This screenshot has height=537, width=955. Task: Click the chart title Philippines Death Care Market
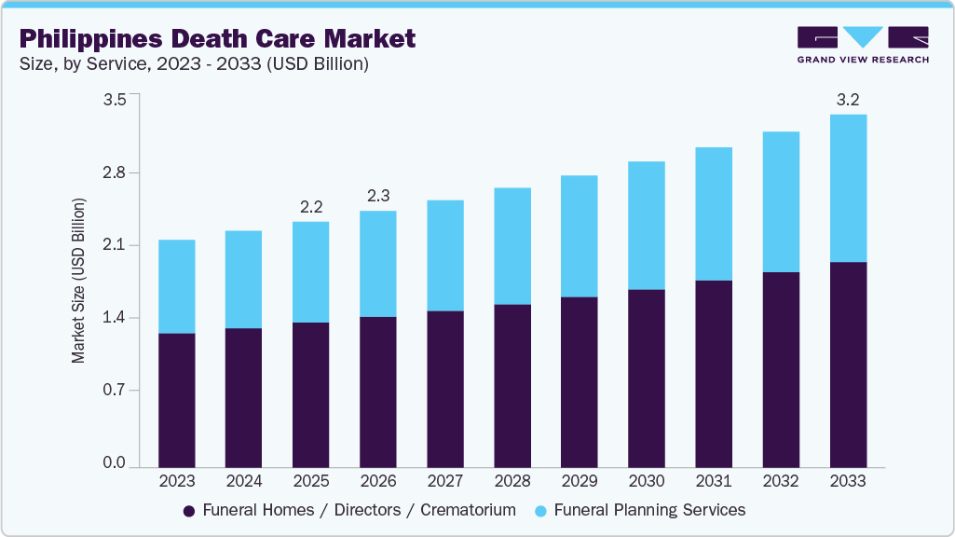coord(217,38)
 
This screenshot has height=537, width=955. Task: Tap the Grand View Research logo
coord(863,44)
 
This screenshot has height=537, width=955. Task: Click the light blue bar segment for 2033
coord(848,188)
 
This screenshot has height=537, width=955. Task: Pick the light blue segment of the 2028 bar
coord(512,246)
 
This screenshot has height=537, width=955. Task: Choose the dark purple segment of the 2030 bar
coord(647,378)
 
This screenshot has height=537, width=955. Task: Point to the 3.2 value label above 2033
coord(848,100)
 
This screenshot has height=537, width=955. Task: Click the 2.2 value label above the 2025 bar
coord(311,206)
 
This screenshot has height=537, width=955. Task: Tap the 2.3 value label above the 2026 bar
coord(378,196)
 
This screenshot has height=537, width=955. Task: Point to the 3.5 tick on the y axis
coord(114,101)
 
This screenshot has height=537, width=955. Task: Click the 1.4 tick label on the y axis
coord(114,318)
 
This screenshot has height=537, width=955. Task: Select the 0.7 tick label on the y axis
coord(114,391)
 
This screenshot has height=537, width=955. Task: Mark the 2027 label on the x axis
coord(445,481)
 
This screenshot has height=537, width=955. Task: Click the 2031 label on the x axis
coord(714,481)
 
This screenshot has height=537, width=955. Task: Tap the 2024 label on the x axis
coord(244,481)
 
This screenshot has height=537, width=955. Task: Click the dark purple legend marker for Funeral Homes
coord(189,511)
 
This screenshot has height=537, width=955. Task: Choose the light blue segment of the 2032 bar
coord(781,202)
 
